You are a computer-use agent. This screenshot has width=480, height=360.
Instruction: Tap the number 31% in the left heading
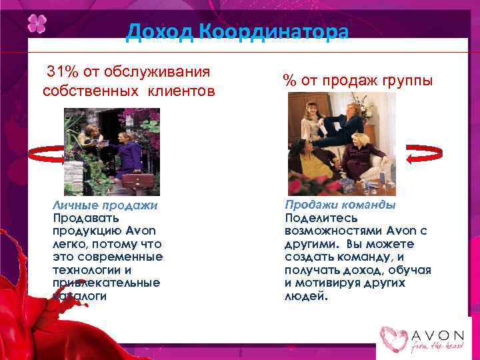tap(60, 71)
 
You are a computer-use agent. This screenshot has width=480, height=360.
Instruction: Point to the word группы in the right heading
tap(404, 81)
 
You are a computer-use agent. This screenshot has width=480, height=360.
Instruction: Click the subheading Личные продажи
tap(105, 206)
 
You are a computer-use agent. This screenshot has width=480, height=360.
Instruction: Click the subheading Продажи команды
tap(340, 205)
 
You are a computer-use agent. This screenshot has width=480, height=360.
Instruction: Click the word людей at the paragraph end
tap(306, 295)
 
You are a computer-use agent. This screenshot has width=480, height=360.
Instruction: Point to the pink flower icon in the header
tap(37, 24)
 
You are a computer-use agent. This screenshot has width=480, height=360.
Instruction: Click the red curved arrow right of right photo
tap(420, 153)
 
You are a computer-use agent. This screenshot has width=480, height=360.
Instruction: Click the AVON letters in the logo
tap(437, 333)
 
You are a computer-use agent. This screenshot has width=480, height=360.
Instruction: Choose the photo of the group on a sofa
tap(341, 143)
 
